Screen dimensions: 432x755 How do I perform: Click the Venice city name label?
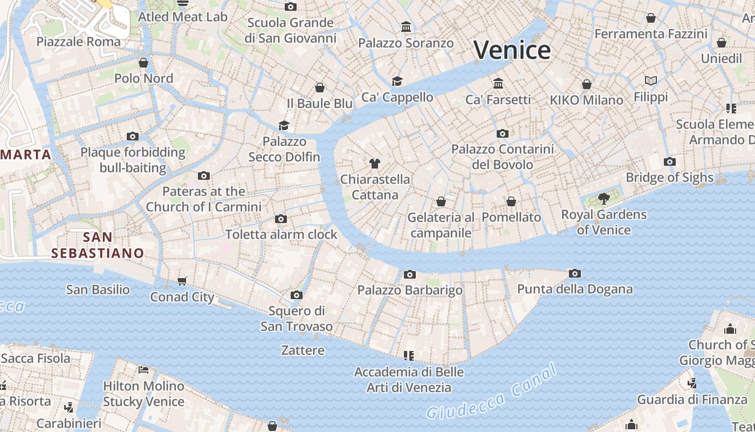tap(512, 50)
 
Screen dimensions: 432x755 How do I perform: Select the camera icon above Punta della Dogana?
tap(575, 274)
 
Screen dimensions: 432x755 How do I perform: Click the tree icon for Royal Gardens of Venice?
tap(604, 199)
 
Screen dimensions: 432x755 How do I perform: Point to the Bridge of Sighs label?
tap(669, 177)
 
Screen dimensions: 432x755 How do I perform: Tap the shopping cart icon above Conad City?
tap(182, 281)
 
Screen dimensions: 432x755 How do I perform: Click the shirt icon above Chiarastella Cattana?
tap(375, 163)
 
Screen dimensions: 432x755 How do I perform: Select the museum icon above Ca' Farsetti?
tap(498, 84)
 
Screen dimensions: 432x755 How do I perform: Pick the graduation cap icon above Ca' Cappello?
tap(397, 81)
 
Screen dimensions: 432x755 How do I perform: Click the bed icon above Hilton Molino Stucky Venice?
tap(143, 370)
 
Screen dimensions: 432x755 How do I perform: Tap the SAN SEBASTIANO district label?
tap(98, 245)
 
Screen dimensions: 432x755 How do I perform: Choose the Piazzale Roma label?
tap(79, 42)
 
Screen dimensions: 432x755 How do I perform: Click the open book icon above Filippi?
tap(651, 81)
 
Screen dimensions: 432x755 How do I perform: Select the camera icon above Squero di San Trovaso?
tap(297, 295)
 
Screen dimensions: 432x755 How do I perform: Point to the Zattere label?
tap(303, 350)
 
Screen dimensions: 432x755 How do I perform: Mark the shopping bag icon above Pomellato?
tap(511, 201)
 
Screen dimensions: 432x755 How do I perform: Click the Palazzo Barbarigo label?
tap(410, 290)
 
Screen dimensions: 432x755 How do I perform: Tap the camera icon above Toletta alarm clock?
tap(281, 219)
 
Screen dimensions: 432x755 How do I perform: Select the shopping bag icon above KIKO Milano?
tap(586, 84)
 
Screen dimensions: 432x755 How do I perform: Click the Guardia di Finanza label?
tap(692, 400)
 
